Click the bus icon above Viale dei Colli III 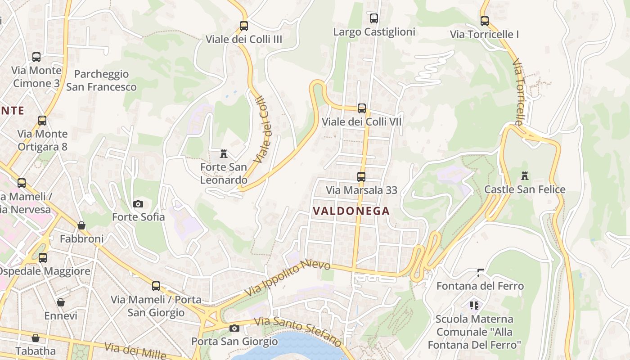tap(243, 26)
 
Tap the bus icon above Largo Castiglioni tap(373, 18)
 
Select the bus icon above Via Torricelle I tap(484, 21)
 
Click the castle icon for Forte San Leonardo tap(223, 154)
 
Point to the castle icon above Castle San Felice tap(524, 175)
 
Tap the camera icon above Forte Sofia tap(138, 204)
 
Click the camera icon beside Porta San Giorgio tap(234, 328)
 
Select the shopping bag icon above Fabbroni tap(81, 225)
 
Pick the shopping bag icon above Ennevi tap(61, 302)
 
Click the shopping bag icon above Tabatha tap(36, 338)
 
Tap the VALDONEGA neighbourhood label tap(351, 211)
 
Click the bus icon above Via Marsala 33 tap(361, 177)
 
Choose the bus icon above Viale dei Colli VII tap(361, 108)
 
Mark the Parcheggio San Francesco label tap(101, 81)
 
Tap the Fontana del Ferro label tap(480, 286)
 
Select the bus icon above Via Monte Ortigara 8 tap(42, 121)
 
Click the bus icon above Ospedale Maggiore tap(43, 258)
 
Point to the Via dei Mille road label tap(135, 351)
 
